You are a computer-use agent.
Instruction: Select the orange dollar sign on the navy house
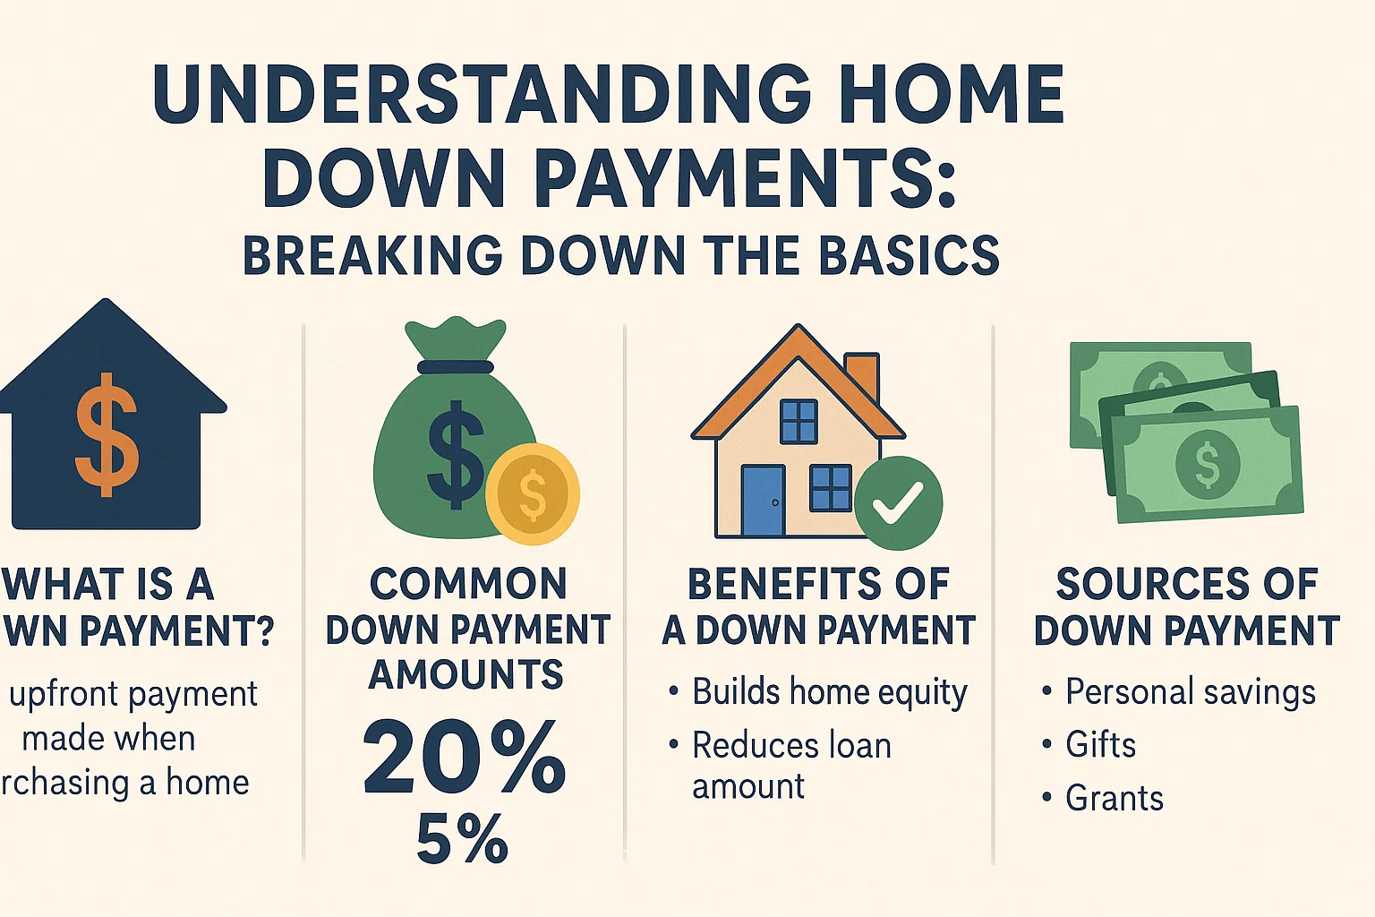107,434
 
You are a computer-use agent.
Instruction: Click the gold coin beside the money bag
533,494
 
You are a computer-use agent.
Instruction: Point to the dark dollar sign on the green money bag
456,454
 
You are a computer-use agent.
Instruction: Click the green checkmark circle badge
898,503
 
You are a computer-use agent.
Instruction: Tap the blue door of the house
763,501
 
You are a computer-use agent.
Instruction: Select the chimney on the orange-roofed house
861,378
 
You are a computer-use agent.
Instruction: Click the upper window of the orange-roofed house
799,421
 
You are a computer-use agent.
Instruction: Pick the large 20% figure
464,759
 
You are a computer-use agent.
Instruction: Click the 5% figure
462,840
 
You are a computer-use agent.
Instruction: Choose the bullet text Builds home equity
829,692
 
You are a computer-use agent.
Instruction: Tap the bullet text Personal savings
1190,692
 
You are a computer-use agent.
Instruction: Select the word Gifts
1100,745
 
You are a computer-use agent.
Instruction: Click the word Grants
1114,798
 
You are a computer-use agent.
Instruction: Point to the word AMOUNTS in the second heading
465,675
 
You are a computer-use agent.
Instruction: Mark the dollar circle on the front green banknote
1207,464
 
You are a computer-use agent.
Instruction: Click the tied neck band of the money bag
455,366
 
